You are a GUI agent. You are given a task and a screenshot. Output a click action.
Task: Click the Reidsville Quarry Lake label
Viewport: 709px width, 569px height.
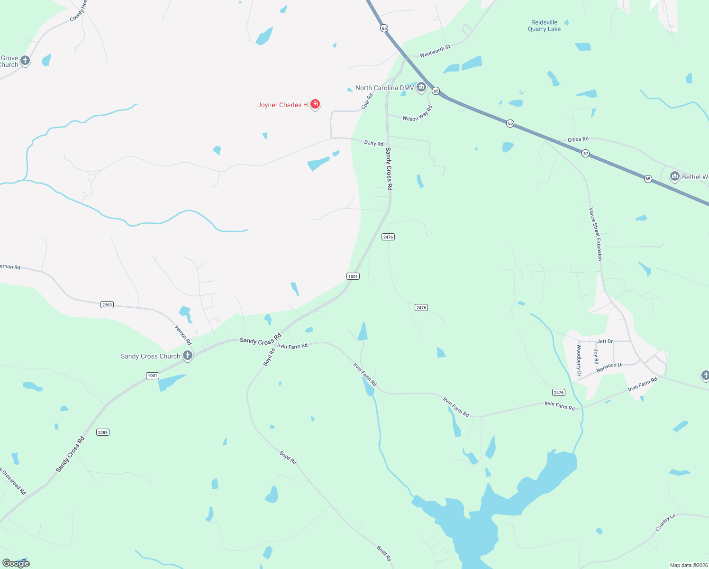[544, 26]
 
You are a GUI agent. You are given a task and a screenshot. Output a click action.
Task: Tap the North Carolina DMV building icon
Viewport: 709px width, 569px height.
[421, 87]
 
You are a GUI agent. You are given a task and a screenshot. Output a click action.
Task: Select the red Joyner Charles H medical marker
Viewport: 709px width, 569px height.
[315, 104]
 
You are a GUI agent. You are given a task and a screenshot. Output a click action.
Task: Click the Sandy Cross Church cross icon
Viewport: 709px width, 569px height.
[188, 355]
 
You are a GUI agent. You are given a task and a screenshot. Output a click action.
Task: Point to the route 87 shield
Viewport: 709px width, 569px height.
[586, 153]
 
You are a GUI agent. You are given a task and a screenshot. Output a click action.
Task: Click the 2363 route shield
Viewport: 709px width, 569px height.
[107, 304]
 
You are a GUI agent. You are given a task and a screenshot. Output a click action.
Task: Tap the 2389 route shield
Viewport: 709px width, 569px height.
[103, 432]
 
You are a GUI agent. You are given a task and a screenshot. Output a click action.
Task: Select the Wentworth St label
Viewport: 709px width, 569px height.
[435, 51]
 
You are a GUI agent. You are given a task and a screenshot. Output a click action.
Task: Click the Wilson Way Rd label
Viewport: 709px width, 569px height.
[417, 114]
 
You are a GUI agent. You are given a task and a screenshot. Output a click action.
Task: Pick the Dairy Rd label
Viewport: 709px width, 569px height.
[373, 143]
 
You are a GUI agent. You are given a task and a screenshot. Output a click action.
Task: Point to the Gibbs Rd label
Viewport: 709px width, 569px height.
[578, 139]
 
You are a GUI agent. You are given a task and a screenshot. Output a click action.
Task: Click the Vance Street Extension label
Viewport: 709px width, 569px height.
[595, 234]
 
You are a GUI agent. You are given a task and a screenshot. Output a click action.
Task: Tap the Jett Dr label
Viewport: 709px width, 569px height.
[605, 341]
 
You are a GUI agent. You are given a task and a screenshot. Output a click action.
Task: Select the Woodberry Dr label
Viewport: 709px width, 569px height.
[579, 360]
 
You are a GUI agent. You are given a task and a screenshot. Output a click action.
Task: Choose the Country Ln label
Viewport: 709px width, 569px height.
[665, 523]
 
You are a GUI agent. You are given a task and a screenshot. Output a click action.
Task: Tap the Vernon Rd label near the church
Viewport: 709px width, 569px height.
[183, 335]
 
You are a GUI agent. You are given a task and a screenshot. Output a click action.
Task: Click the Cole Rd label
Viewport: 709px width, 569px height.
[367, 101]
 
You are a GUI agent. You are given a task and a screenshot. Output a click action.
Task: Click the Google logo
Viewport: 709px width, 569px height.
[16, 563]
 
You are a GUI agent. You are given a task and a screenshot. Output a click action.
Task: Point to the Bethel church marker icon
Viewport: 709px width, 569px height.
[674, 176]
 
